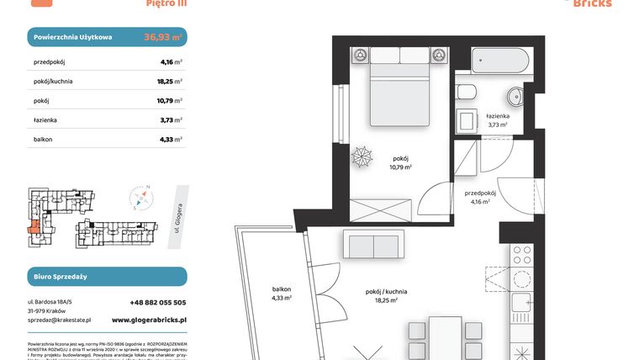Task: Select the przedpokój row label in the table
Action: [x=50, y=61]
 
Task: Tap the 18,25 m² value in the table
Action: [x=171, y=82]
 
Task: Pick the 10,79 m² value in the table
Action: [x=171, y=101]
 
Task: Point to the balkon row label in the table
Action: [x=45, y=140]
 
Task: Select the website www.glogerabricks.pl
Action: [x=149, y=320]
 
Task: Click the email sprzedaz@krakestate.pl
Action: [x=59, y=320]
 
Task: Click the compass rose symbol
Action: [x=142, y=199]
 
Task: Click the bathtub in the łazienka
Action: [x=499, y=61]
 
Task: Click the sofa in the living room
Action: [x=372, y=246]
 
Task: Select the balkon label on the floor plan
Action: [x=282, y=292]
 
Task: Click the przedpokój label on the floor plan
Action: [x=480, y=197]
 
